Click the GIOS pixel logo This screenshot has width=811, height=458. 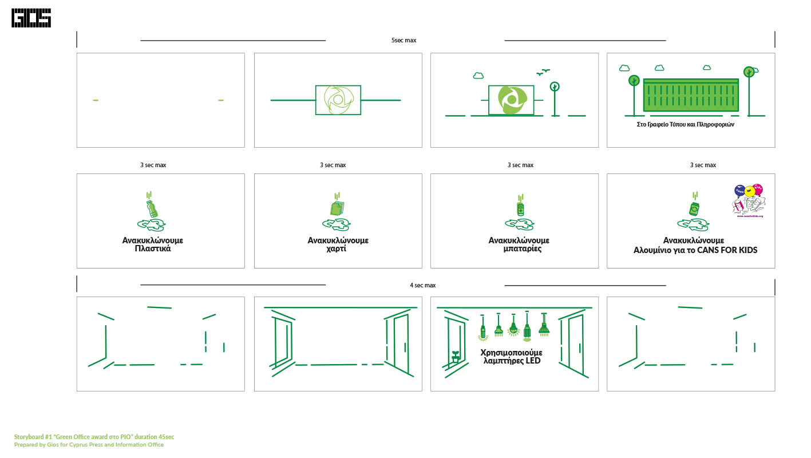coord(31,18)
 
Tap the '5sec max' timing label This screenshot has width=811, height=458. coord(403,41)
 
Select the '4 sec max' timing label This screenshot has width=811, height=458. coord(422,285)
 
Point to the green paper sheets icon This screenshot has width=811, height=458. coord(337,208)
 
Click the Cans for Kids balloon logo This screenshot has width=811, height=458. coord(749,200)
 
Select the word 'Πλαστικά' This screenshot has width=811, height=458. coord(152,249)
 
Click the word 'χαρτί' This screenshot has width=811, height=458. coord(338,249)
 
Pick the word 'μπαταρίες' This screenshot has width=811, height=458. coord(519,249)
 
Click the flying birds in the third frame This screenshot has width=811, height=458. coord(543,72)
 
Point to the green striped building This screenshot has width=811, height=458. coord(691,95)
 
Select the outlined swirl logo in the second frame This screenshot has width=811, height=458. coord(338,100)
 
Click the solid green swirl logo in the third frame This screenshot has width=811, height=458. coord(511,100)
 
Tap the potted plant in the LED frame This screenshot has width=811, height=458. coord(456,356)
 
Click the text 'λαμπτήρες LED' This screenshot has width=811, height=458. coord(512,361)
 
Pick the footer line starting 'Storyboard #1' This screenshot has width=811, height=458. coord(94,437)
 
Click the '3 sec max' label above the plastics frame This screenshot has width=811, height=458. coord(153,165)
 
